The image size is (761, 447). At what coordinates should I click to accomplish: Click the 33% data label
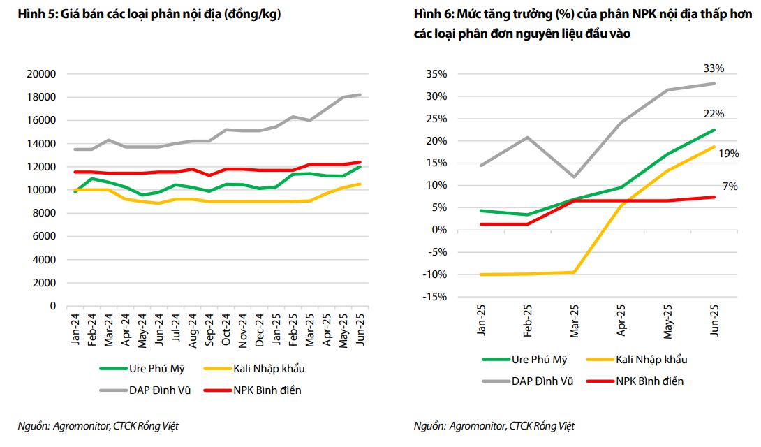pyautogui.click(x=714, y=68)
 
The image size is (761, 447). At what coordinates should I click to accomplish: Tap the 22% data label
pyautogui.click(x=714, y=114)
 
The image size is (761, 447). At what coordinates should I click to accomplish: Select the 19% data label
pyautogui.click(x=728, y=154)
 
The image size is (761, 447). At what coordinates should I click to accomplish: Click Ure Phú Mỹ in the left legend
pyautogui.click(x=158, y=368)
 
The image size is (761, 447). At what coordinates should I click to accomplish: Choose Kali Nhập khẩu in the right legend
pyautogui.click(x=651, y=359)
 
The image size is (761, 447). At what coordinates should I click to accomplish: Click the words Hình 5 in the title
pyautogui.click(x=33, y=14)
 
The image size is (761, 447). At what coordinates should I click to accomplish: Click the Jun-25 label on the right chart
pyautogui.click(x=714, y=321)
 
